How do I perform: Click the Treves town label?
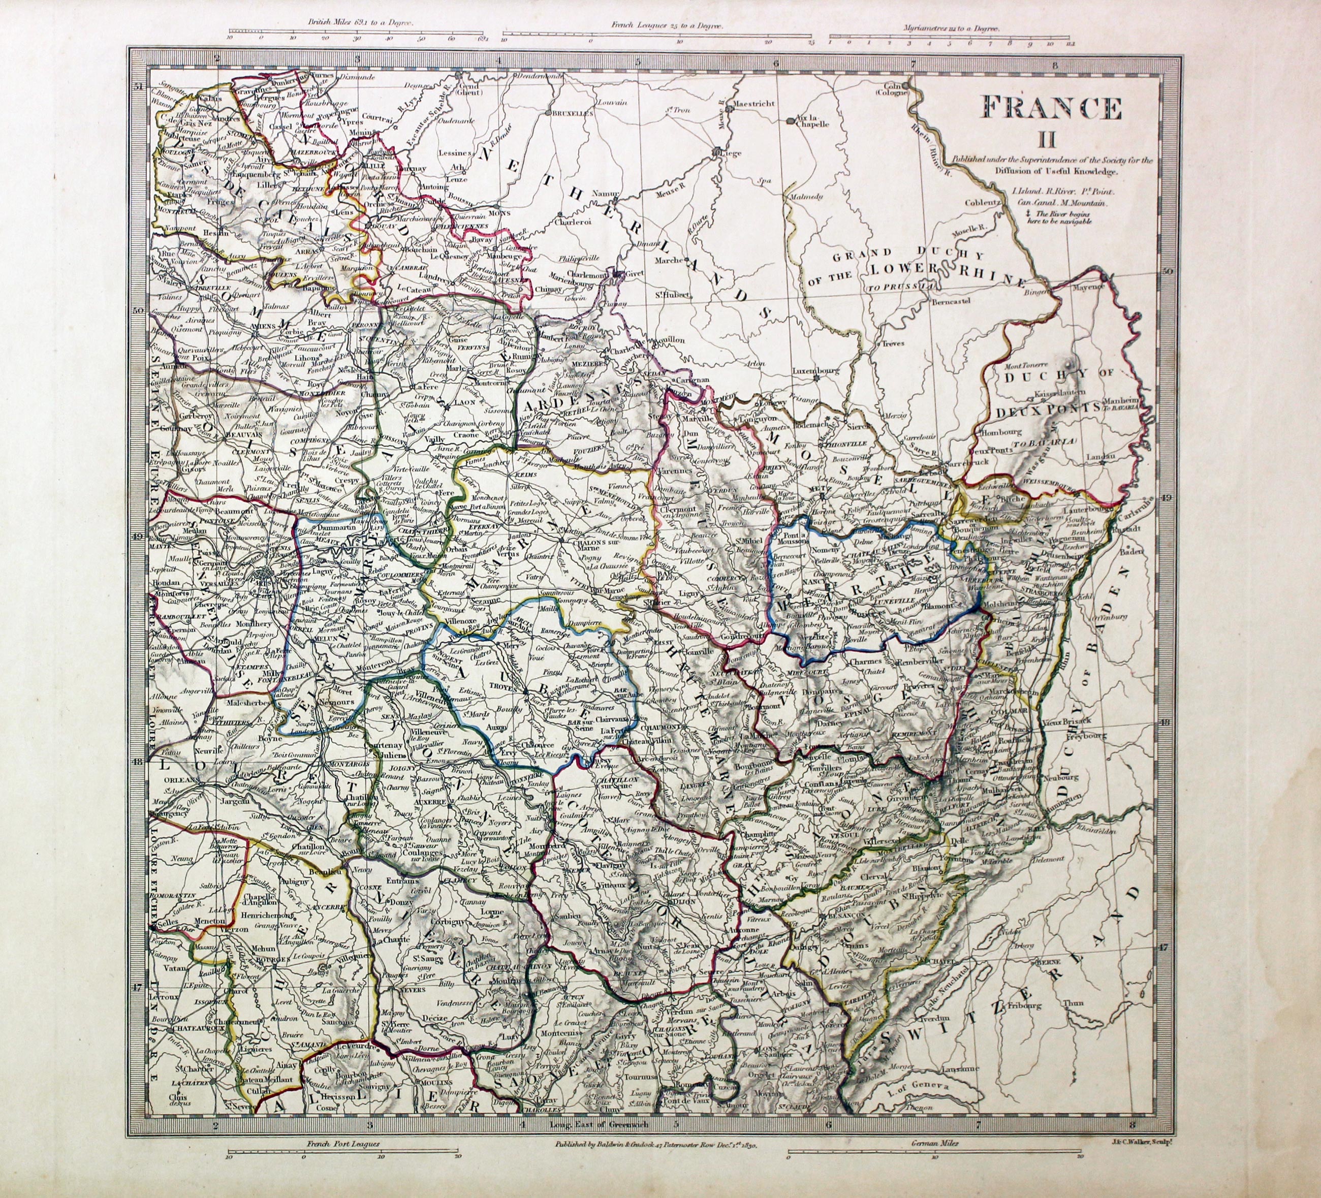click(893, 343)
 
